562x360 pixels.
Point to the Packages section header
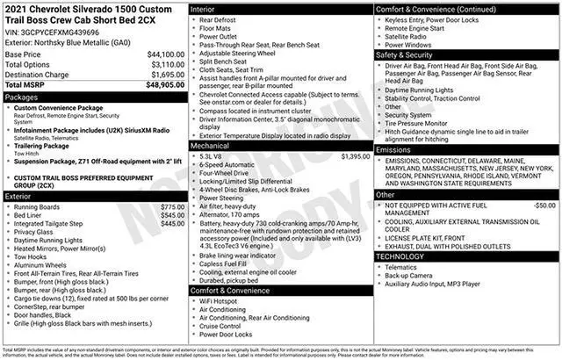(22, 97)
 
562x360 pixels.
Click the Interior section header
(205, 8)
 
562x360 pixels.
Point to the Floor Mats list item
(216, 27)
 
